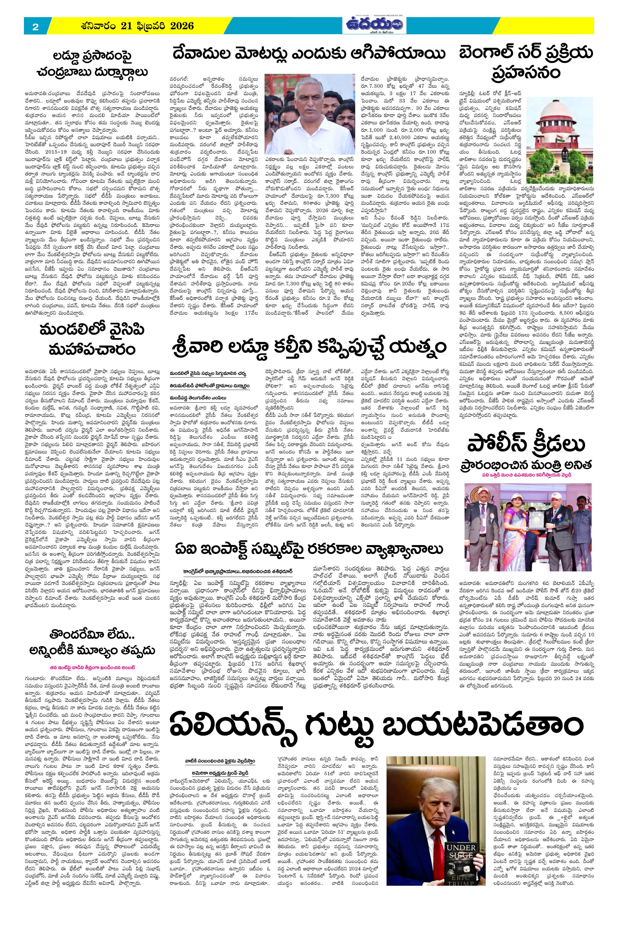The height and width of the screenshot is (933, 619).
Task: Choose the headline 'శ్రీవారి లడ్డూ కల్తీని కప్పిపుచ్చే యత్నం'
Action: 310,347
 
